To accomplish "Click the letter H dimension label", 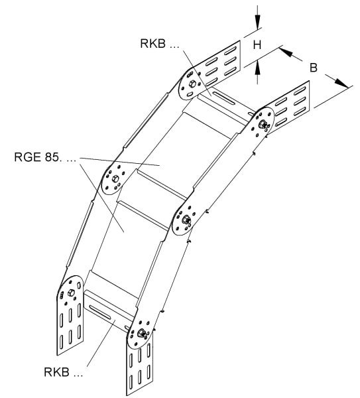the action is (257, 44).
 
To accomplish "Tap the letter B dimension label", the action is (314, 68).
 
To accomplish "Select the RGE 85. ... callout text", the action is (45, 157).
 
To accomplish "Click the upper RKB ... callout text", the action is (160, 43).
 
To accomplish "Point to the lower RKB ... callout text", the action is (64, 372).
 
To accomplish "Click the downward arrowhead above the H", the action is (257, 22).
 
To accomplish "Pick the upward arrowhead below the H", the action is (257, 67).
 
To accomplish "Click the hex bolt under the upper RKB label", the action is (192, 84).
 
